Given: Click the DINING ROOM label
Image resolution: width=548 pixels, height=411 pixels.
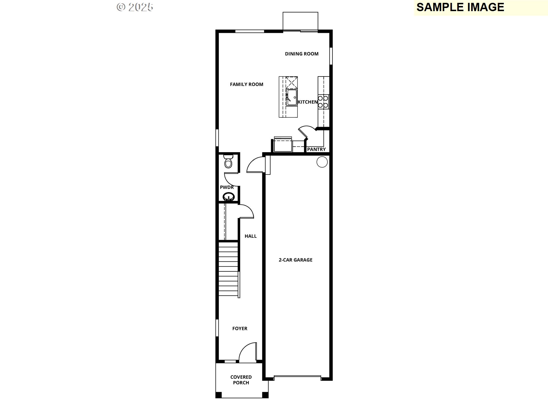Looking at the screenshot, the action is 302,54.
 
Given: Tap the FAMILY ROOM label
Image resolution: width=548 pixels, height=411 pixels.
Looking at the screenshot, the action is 247,84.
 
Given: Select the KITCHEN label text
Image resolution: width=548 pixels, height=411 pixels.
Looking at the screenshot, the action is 308,102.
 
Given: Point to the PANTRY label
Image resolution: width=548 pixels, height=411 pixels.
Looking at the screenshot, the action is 316,149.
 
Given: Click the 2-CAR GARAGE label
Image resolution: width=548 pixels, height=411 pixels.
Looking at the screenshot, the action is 295,260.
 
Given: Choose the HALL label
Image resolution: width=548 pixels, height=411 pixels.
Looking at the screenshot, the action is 251,236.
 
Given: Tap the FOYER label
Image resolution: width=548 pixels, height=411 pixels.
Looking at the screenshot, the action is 240,329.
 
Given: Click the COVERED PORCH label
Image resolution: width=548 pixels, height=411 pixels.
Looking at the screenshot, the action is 241,380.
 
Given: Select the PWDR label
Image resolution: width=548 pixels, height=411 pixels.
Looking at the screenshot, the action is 227,187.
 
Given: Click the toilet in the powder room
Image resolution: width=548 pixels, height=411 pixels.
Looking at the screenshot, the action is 228,161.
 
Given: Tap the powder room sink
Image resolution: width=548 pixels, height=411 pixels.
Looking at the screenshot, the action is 229,197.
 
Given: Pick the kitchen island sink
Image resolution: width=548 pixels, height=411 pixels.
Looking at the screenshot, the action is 292,97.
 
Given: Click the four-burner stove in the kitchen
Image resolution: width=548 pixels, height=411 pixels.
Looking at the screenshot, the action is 323,102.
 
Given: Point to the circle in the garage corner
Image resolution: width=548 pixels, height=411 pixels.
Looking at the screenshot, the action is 322,162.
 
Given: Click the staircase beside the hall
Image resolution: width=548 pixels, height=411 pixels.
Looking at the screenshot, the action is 228,269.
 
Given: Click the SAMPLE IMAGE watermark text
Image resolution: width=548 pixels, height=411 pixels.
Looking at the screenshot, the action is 460,7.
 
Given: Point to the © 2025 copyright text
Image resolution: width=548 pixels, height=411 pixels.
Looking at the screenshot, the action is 135,7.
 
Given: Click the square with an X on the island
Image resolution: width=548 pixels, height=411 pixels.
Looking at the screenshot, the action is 291,82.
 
